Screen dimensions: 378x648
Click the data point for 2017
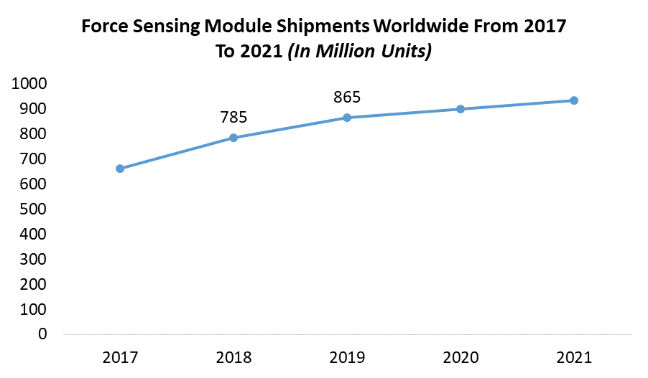[120, 169]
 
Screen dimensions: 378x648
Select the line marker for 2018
[233, 138]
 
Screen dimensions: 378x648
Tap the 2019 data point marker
[347, 118]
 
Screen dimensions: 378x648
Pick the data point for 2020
[460, 109]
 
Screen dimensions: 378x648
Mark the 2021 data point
[574, 100]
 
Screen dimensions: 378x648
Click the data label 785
[233, 116]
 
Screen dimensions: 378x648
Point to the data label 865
[347, 97]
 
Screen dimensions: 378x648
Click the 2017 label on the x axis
[120, 357]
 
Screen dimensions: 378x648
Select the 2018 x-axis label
[233, 357]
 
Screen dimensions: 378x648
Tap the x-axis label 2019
[347, 357]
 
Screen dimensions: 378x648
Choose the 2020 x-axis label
[460, 357]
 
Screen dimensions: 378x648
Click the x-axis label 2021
[574, 357]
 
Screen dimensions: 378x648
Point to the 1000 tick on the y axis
[29, 84]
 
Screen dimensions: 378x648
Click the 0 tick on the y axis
[42, 334]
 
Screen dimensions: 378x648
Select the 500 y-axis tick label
[33, 209]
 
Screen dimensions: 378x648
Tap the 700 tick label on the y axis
[33, 159]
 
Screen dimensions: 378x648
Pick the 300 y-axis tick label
[33, 260]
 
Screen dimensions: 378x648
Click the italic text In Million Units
[359, 52]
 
